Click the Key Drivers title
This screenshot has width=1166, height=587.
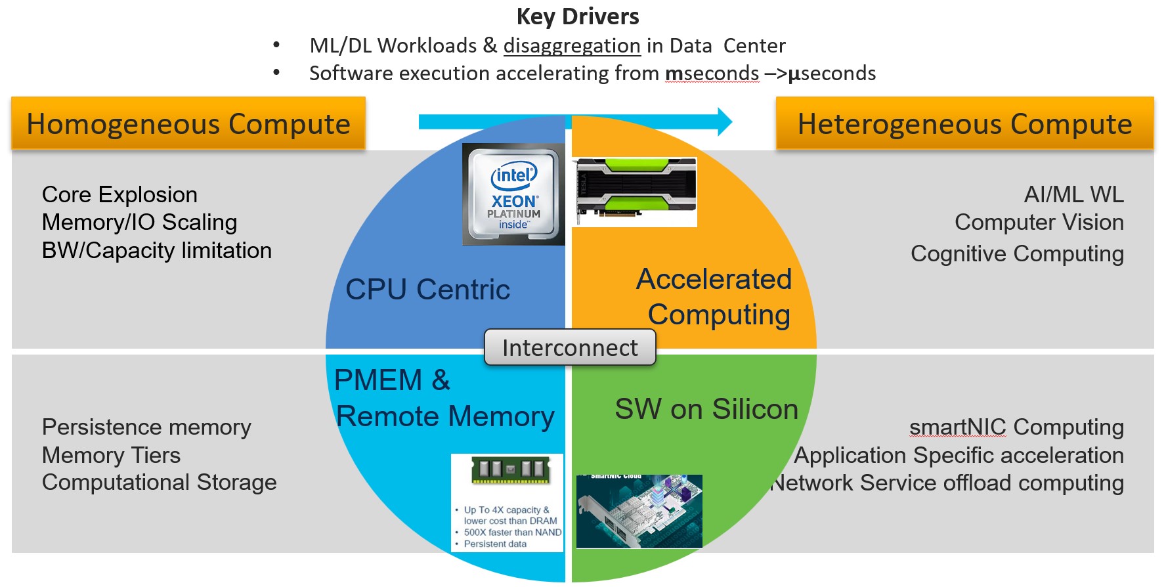pyautogui.click(x=578, y=16)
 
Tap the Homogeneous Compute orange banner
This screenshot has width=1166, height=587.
pyautogui.click(x=188, y=123)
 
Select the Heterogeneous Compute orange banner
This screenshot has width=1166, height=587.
pyautogui.click(x=964, y=123)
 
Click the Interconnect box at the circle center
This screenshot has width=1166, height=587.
pyautogui.click(x=570, y=347)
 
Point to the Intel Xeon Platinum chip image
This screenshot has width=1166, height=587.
pyautogui.click(x=513, y=195)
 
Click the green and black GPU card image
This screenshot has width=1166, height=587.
pyautogui.click(x=634, y=191)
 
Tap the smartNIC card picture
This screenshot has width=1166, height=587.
pyautogui.click(x=639, y=511)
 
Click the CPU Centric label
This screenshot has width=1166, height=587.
pyautogui.click(x=427, y=290)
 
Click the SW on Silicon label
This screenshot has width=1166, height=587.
pyautogui.click(x=706, y=409)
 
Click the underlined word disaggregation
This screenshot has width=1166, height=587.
pyautogui.click(x=572, y=46)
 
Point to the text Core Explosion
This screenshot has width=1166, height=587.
pyautogui.click(x=119, y=194)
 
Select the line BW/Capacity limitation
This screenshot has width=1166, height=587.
pyautogui.click(x=156, y=250)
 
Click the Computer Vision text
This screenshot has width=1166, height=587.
pyautogui.click(x=1039, y=222)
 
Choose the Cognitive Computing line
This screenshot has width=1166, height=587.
pyautogui.click(x=1017, y=253)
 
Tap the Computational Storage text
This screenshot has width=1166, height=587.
pyautogui.click(x=159, y=482)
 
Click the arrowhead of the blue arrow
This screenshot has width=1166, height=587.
pyautogui.click(x=725, y=121)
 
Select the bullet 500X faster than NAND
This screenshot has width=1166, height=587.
pyautogui.click(x=512, y=533)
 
